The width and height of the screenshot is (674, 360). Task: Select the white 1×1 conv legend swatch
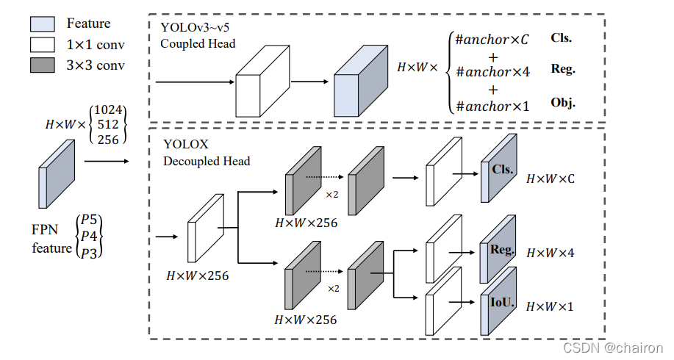point(42,44)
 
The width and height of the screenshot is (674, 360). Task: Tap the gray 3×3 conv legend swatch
point(42,65)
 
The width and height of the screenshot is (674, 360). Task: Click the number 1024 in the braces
point(109,110)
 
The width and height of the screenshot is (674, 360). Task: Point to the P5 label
point(89,220)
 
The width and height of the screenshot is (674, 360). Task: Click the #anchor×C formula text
point(492,40)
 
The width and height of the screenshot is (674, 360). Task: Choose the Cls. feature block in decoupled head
point(498,170)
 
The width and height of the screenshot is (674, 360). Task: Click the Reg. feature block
point(498,251)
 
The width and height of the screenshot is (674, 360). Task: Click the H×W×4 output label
point(551,253)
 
